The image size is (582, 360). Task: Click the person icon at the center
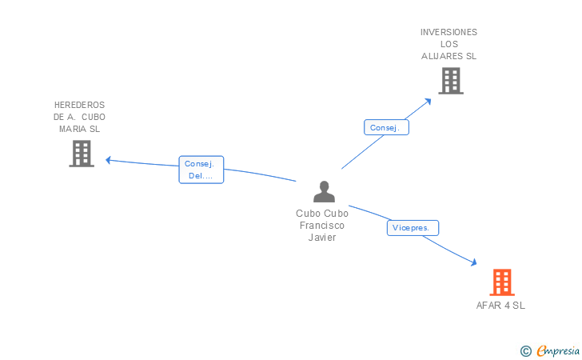[324, 192]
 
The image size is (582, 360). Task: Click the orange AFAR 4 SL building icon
[502, 282]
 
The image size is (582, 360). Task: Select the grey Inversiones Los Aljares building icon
[450, 81]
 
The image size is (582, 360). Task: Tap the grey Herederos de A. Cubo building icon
[82, 154]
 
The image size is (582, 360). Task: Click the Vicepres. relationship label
[413, 228]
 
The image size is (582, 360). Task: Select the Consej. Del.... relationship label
[201, 170]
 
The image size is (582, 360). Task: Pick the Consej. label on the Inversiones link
[387, 127]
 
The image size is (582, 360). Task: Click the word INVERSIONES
[448, 32]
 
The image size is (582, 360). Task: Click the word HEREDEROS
[79, 105]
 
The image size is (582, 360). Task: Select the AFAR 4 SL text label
[500, 306]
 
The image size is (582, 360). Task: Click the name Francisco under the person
[322, 226]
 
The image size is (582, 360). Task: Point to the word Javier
[322, 238]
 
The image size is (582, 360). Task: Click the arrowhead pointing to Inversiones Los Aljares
[429, 100]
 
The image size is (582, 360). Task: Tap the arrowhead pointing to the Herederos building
[109, 159]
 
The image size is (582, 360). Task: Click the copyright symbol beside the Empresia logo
[525, 350]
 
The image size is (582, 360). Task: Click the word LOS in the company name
[448, 44]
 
